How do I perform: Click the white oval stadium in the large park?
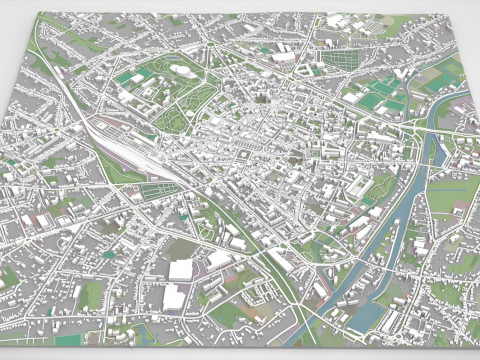pos(182,71)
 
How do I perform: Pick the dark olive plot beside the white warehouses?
pos(186,249)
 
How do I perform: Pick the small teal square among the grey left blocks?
pos(108,255)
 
